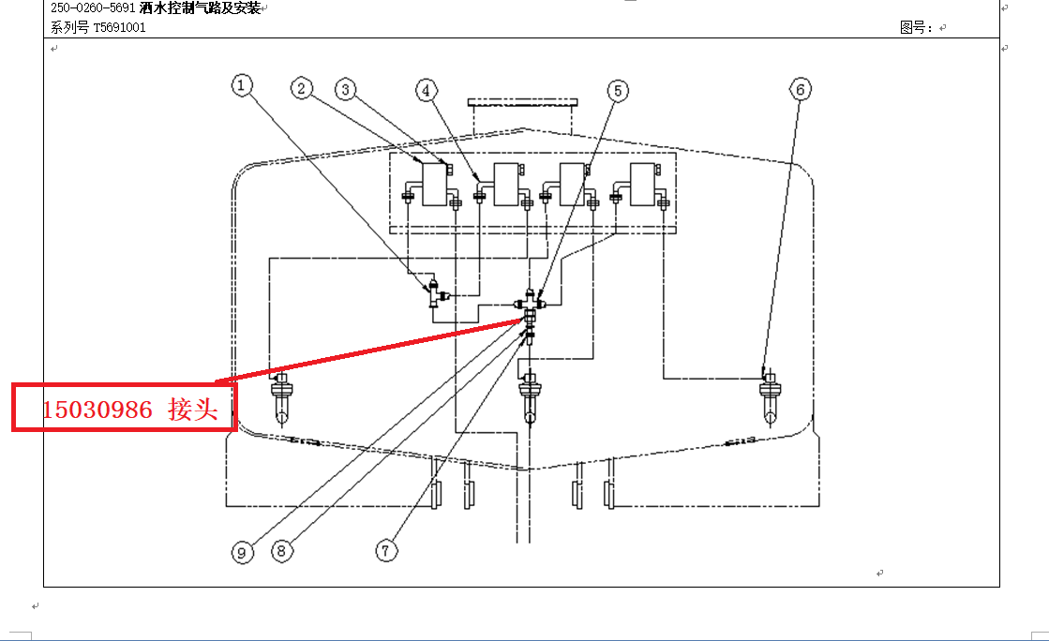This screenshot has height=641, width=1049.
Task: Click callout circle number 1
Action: point(242,85)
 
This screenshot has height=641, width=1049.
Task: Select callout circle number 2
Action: point(302,88)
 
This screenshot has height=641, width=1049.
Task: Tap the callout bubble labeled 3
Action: point(345,90)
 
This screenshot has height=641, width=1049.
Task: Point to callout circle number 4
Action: point(427,90)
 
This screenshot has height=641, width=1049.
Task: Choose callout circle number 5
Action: point(618,90)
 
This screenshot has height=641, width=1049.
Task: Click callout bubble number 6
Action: point(801,89)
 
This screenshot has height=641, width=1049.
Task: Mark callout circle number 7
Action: point(386,551)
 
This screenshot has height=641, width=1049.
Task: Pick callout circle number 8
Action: point(281,551)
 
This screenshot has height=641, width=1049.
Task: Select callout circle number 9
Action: point(242,553)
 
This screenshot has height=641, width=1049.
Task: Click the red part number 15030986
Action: point(97,410)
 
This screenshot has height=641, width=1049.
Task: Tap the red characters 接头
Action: point(193,409)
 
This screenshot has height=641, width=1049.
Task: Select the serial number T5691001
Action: point(119,27)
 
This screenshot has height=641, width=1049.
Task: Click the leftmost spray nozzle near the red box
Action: point(281,399)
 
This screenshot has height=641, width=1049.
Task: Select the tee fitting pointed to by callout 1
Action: point(436,293)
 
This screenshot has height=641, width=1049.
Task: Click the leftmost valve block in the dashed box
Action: point(435,184)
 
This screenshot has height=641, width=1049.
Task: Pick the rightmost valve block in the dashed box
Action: point(642,184)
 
